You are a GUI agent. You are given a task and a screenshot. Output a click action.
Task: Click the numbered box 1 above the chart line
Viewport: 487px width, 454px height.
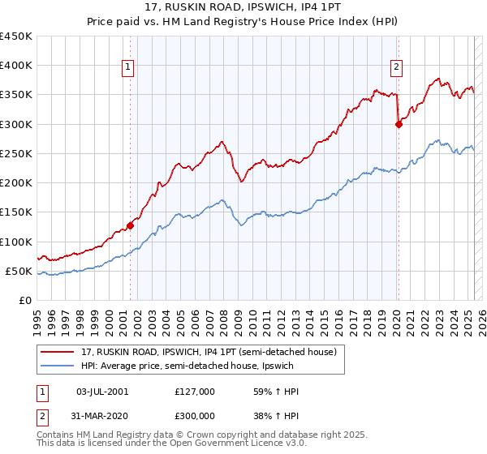click(129, 68)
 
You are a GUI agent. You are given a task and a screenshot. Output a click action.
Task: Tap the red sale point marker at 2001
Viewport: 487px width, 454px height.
click(131, 226)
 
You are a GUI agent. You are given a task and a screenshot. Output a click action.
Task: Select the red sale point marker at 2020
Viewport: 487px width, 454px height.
click(399, 124)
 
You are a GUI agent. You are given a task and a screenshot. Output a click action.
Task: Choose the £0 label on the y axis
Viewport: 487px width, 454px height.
click(26, 300)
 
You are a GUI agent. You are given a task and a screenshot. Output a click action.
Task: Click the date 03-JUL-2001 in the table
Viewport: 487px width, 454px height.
click(101, 391)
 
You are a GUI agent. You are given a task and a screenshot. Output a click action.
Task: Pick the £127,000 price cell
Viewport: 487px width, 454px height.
click(195, 391)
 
